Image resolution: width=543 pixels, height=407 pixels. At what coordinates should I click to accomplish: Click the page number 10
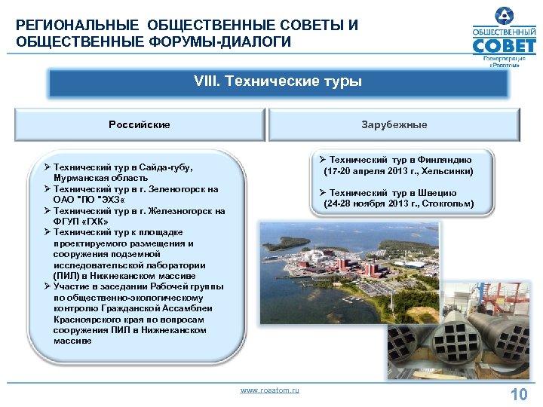point(518,395)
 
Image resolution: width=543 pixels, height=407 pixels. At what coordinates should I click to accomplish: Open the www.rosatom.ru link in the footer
point(269,390)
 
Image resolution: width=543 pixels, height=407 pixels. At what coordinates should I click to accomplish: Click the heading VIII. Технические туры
point(278,81)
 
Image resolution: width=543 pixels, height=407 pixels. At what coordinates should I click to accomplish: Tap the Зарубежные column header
point(394,124)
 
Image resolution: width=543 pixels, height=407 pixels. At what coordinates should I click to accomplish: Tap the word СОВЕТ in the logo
point(503,47)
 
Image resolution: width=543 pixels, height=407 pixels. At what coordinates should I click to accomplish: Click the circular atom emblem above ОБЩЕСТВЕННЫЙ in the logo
point(504,14)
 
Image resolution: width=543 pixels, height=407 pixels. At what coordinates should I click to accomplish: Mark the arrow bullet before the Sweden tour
point(321,193)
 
